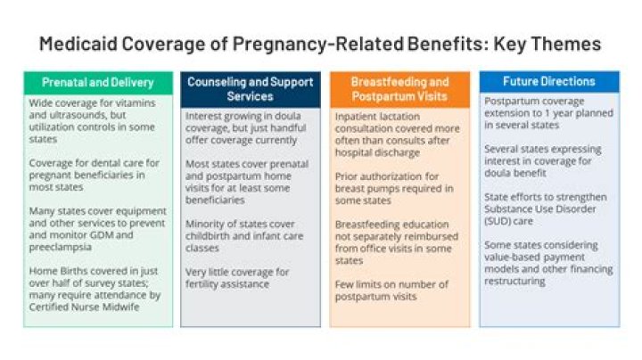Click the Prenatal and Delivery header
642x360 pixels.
click(x=98, y=83)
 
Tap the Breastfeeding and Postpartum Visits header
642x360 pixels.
click(x=399, y=88)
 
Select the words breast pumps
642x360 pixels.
click(x=365, y=188)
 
